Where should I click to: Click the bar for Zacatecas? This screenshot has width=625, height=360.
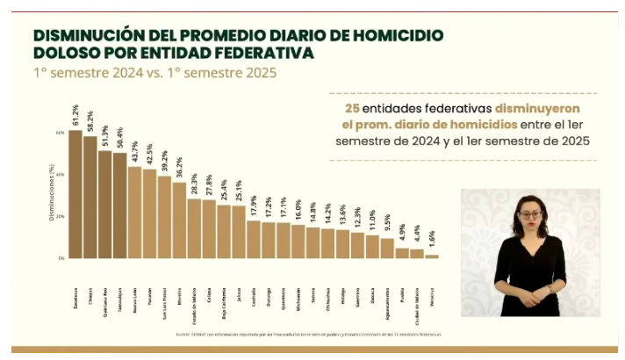pyautogui.click(x=75, y=194)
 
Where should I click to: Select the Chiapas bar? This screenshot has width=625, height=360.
pyautogui.click(x=90, y=198)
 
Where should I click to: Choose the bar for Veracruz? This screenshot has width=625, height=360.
pyautogui.click(x=431, y=256)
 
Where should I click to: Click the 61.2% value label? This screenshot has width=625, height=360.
pyautogui.click(x=75, y=114)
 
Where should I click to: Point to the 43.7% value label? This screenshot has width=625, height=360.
pyautogui.click(x=134, y=151)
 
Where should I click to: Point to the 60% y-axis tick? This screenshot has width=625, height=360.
pyautogui.click(x=61, y=133)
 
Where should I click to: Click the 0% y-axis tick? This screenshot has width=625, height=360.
pyautogui.click(x=62, y=259)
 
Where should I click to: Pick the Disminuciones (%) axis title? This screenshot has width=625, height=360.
pyautogui.click(x=51, y=195)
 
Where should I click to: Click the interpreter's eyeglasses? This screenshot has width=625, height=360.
pyautogui.click(x=530, y=213)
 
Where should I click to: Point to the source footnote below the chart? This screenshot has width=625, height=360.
pyautogui.click(x=307, y=335)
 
